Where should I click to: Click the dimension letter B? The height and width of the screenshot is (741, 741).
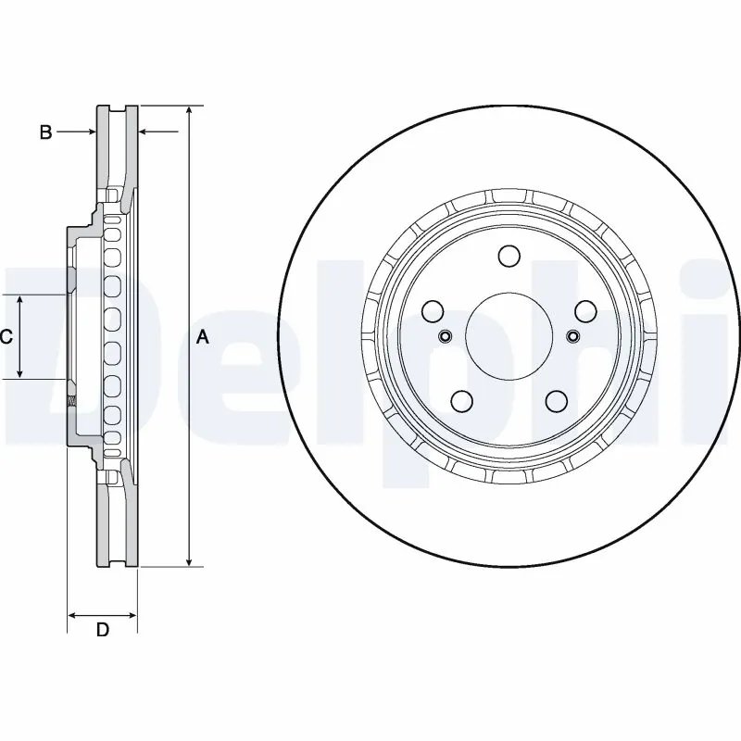tap(45, 132)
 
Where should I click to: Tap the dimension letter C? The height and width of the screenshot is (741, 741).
tap(6, 337)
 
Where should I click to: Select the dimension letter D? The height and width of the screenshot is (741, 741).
tap(103, 631)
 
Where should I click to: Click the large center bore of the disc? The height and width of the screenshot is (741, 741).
tap(507, 335)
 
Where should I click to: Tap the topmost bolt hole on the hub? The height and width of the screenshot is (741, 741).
tap(508, 257)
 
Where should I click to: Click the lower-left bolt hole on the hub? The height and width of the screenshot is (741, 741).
tap(460, 400)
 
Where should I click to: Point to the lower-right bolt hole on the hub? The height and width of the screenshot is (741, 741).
tap(555, 400)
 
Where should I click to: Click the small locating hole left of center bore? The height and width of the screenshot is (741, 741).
tap(444, 335)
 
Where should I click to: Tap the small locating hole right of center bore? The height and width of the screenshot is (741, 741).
tap(571, 335)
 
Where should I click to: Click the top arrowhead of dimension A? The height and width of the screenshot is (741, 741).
tap(189, 111)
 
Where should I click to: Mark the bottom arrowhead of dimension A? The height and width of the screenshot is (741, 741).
tap(189, 560)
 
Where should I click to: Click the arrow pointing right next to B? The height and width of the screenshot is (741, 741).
tap(90, 132)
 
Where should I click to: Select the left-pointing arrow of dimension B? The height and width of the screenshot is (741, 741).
tap(144, 132)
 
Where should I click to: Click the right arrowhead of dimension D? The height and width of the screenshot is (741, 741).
tap(132, 614)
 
